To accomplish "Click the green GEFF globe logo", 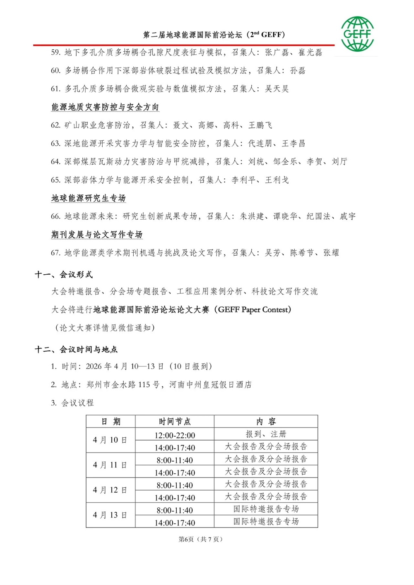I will [x=357, y=34].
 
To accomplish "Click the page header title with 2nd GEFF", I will [x=214, y=35].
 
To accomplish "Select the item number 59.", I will [x=55, y=53].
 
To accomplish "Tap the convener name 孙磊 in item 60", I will [x=298, y=71].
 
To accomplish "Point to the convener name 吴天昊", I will [x=277, y=89].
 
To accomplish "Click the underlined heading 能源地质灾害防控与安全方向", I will [x=105, y=107].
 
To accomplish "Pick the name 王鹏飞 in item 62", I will [x=260, y=125].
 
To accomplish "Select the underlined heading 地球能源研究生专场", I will [x=89, y=198].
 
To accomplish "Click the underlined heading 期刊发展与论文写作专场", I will [x=97, y=235].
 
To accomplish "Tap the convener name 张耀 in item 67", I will [x=331, y=253].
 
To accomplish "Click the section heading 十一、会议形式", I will [x=64, y=275].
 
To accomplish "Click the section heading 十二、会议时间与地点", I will [x=76, y=350].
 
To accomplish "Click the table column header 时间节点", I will [x=175, y=422].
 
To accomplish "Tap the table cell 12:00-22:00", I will [x=175, y=435].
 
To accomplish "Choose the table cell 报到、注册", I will [x=266, y=434].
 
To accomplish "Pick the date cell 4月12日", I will [x=110, y=490].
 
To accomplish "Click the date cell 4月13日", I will [x=110, y=515].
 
